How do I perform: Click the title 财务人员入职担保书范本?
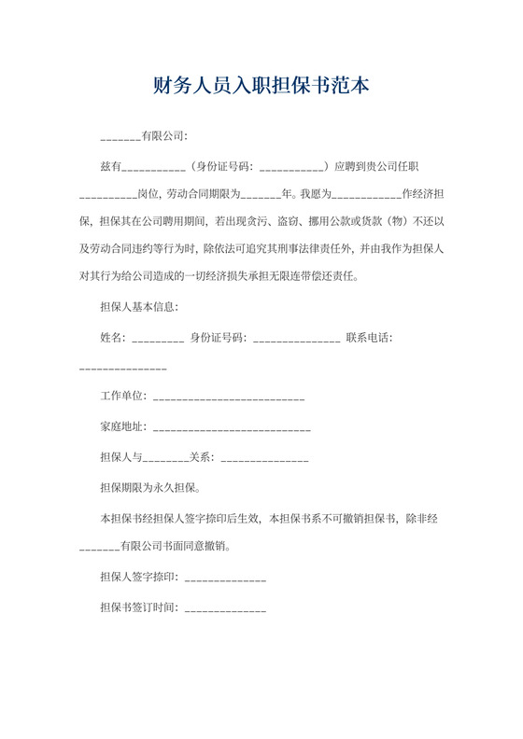261,87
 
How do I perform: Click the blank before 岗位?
107,196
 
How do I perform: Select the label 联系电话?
369,337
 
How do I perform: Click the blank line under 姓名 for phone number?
123,368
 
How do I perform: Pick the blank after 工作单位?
228,398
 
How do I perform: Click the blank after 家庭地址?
231,429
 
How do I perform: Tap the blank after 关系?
264,459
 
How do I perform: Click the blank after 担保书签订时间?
225,609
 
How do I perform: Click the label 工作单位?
122,397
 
